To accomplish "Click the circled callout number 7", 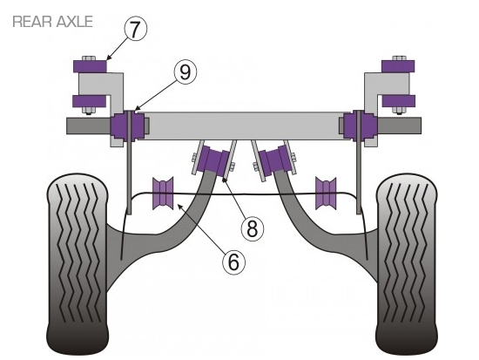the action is tap(135, 29).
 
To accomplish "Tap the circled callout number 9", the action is tap(186, 72).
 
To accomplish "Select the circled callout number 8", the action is tap(252, 228).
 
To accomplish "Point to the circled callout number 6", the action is tap(233, 262).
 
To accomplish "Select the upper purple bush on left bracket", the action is tap(90, 66).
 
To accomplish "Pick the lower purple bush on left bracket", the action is tap(89, 101).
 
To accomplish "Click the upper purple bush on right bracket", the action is tap(398, 66).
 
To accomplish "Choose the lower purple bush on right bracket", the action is tap(399, 101).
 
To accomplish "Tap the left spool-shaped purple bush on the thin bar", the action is tap(163, 194).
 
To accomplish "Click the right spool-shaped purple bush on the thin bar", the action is tap(326, 194).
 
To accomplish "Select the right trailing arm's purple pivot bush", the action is tap(273, 160).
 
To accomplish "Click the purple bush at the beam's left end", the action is tap(128, 126).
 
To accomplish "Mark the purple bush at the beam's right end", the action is tap(359, 126).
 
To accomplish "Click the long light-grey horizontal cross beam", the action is tap(245, 126).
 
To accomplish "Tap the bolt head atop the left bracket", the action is tap(89, 58).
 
